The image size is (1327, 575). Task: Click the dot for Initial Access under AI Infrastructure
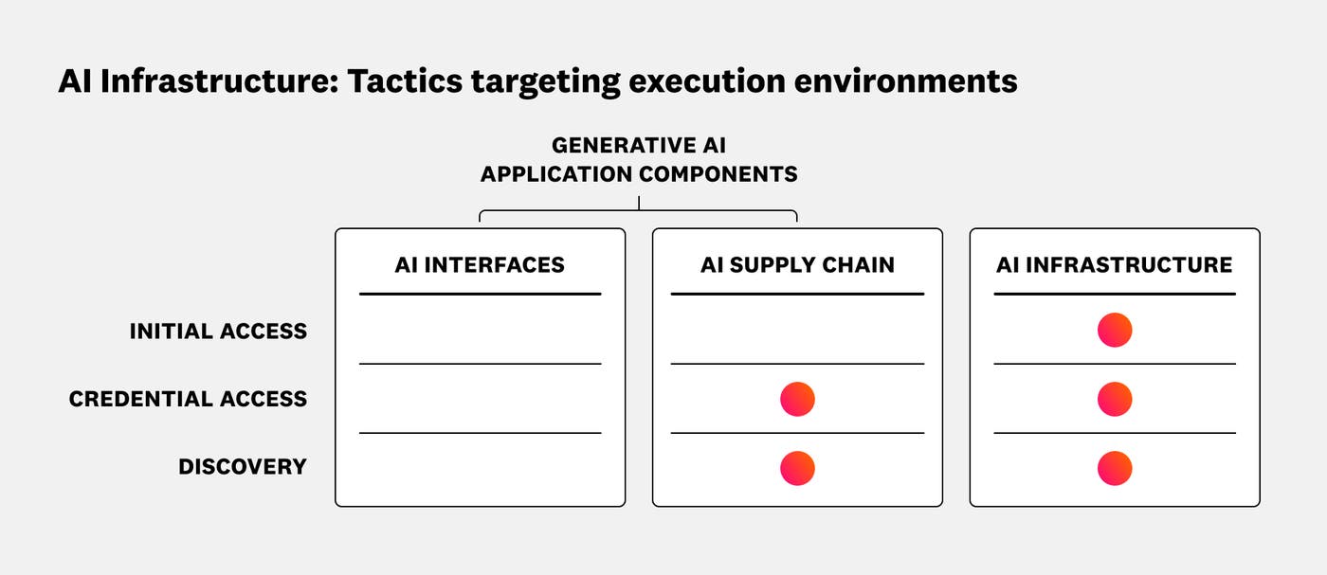[1115, 331]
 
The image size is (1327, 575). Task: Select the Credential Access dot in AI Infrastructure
[1115, 399]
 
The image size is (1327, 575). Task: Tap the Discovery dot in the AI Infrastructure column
[1115, 468]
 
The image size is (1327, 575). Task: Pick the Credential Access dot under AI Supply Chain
[797, 399]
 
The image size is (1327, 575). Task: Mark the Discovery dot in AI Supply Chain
[797, 468]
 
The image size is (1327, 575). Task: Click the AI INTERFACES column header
[480, 265]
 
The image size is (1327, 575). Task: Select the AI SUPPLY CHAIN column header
[797, 265]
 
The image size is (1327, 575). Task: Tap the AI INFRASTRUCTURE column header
[1114, 265]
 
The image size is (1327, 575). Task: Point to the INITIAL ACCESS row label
[218, 332]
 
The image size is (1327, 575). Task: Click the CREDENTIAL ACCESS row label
[188, 400]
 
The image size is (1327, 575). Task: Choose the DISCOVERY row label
[243, 467]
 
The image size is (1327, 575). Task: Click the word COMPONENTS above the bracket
[718, 174]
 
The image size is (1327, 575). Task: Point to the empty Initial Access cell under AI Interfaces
[480, 331]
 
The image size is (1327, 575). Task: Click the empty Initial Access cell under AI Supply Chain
[797, 331]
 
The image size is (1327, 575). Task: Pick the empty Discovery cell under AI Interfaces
[480, 468]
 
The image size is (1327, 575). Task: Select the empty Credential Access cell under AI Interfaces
[480, 399]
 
